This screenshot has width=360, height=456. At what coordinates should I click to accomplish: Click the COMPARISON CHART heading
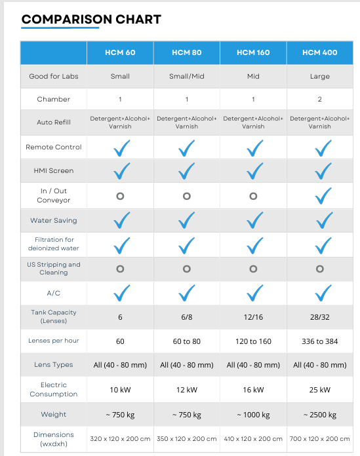point(91,19)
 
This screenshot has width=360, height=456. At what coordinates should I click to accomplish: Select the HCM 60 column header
point(120,52)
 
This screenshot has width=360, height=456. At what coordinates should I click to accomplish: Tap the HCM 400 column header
point(320,52)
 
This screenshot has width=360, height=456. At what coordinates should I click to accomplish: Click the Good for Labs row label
point(54,77)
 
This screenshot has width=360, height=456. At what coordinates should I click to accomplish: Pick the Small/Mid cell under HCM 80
point(187,77)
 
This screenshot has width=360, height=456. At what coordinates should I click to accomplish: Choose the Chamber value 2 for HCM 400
point(320,100)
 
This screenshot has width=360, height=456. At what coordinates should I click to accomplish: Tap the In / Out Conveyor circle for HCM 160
point(253,196)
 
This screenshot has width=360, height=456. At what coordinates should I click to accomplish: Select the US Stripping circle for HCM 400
point(320,269)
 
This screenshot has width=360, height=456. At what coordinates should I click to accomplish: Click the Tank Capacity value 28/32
point(320,316)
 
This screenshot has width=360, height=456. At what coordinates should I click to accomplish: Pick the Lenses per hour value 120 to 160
point(253,341)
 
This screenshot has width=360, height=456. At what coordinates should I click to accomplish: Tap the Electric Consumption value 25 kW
point(320,390)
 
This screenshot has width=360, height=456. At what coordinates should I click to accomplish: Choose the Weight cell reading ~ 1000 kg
point(253,415)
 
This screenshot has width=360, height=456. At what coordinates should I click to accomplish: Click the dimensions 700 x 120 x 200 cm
point(320,439)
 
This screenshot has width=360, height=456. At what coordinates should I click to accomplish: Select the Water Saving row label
point(54,221)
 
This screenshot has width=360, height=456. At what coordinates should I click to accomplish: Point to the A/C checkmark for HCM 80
point(188,292)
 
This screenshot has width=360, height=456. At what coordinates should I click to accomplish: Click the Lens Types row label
point(54,365)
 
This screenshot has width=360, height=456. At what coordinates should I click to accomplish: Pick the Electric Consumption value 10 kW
point(120,390)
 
